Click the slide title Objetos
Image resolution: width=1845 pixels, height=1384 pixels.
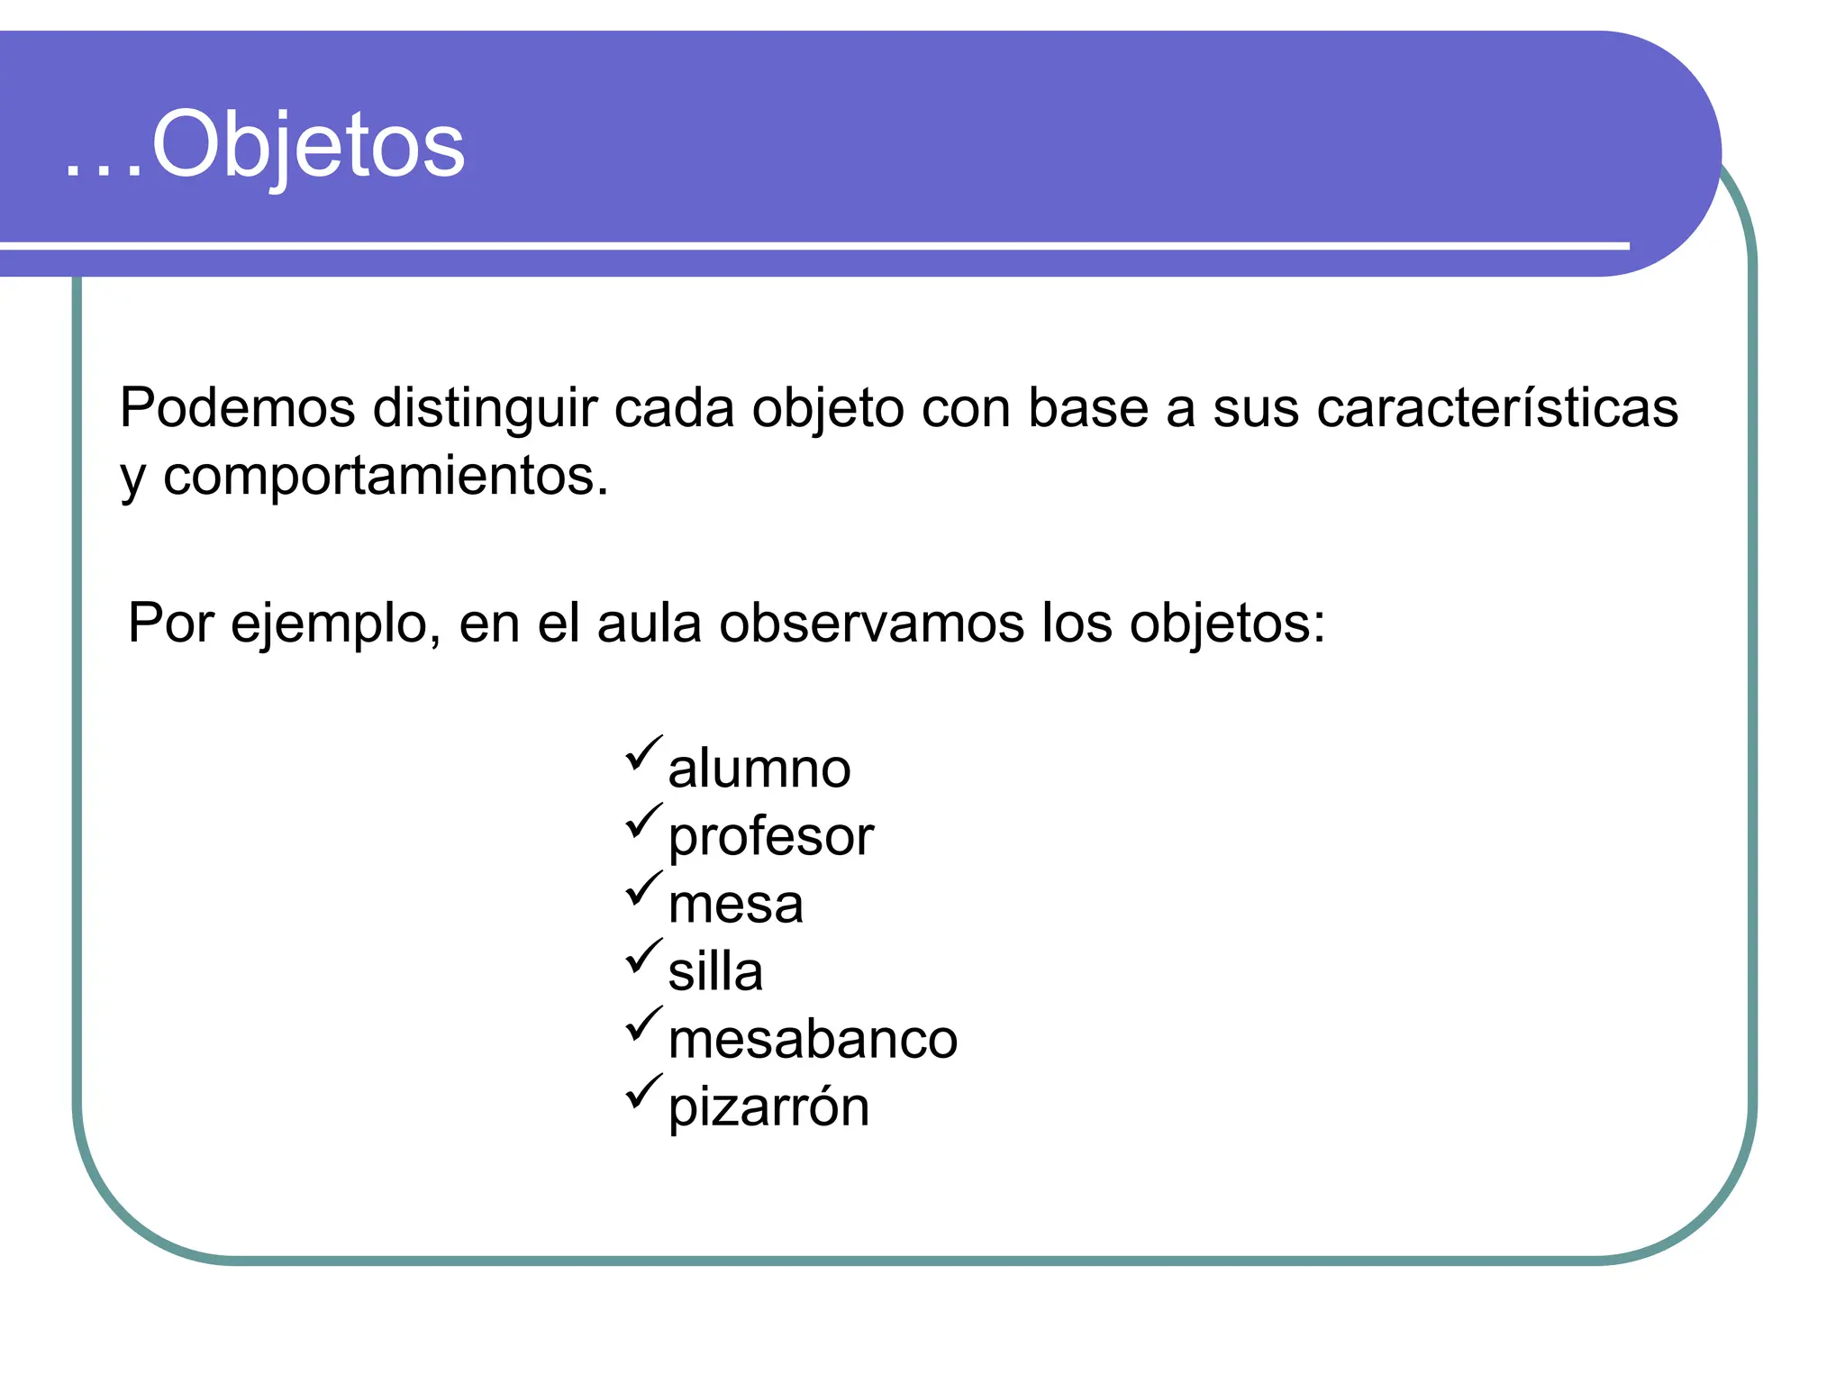(265, 144)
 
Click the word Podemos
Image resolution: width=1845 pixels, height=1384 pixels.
(237, 408)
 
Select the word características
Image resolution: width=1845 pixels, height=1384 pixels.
(1497, 408)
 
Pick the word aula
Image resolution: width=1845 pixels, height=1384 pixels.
(649, 624)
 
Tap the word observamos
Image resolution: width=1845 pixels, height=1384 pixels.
(871, 624)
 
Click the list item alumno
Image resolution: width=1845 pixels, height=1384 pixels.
(759, 769)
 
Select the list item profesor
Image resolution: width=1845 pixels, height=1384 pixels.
(771, 836)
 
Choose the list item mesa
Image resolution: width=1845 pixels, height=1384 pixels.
(735, 904)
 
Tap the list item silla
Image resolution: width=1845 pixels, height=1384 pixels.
(715, 971)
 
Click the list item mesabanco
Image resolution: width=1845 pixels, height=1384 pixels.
(813, 1039)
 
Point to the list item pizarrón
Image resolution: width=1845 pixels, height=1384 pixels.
(768, 1106)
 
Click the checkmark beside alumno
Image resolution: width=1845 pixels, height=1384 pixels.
(643, 753)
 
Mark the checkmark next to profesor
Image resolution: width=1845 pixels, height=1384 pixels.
(643, 821)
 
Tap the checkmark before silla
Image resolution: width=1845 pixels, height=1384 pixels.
(643, 956)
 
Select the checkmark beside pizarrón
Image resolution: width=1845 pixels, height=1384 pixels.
(643, 1091)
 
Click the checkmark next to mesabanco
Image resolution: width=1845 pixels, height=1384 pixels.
(643, 1024)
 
